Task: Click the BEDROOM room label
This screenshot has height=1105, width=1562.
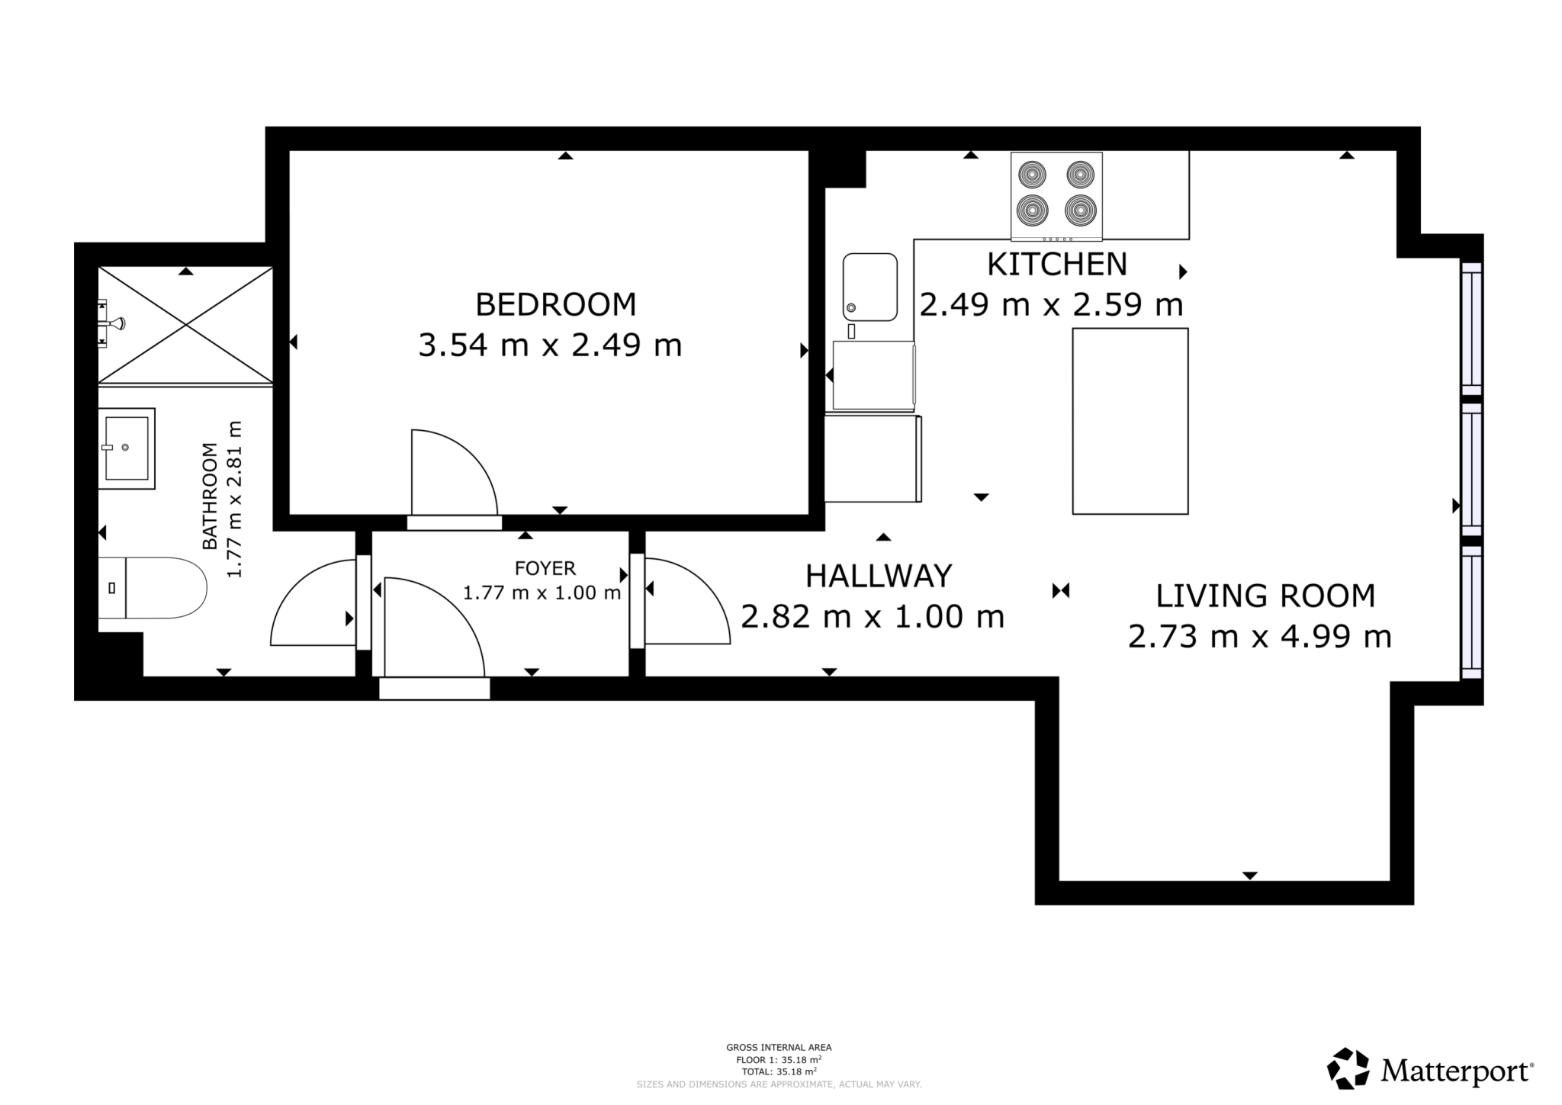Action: point(555,304)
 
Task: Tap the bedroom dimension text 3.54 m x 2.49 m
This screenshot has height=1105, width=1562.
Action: point(550,345)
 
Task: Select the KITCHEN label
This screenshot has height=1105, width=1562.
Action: point(1056,265)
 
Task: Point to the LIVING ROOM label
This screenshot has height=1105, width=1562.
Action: point(1265,596)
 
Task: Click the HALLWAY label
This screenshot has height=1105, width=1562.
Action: point(879,576)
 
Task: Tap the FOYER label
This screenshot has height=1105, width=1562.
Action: point(545,568)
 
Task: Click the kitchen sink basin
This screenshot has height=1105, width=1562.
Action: point(870,287)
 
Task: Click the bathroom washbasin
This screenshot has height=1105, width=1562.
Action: point(127,448)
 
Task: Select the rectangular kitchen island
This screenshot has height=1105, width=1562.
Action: point(1130,421)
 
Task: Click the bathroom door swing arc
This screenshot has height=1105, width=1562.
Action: point(309,602)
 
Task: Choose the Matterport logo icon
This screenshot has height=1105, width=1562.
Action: point(1348,1068)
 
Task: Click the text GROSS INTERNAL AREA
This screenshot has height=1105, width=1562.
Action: point(779,1047)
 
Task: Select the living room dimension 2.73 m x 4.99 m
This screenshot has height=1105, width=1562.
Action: point(1259,636)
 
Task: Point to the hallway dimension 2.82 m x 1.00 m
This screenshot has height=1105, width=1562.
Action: point(873,617)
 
